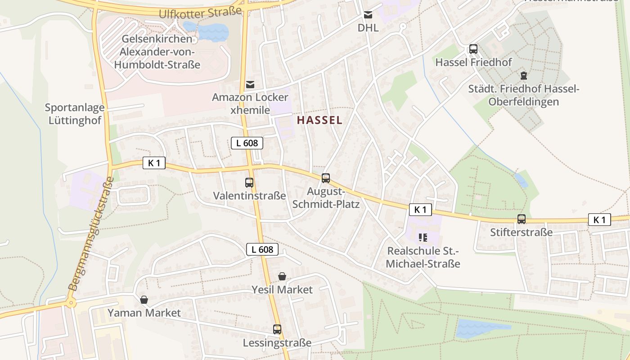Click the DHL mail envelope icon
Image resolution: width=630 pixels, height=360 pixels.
368,15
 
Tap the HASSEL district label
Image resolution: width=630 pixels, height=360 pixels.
319,120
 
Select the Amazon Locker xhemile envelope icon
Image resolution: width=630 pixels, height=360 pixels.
250,85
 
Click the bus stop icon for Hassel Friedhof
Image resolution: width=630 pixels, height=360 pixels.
473,49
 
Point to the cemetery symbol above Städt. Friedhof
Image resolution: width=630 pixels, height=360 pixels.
523,75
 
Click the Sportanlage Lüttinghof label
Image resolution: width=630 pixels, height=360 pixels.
75,114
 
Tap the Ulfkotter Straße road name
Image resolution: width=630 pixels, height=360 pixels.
200,12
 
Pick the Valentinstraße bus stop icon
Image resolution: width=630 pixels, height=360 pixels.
249,182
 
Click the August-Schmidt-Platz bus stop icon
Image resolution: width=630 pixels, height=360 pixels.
326,178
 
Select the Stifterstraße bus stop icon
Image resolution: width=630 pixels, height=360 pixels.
521,219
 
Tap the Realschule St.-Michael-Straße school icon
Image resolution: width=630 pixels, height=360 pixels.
422,237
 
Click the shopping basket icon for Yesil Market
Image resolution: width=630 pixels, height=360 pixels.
282,276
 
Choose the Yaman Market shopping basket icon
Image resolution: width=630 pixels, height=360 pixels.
144,300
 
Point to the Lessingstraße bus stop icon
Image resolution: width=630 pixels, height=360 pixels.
277,329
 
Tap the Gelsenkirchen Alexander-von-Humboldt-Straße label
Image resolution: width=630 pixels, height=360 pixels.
157,52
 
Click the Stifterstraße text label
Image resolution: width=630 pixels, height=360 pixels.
521,232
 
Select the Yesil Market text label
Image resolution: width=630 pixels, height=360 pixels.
282,289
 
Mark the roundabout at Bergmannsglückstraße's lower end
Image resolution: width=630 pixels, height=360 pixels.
71,302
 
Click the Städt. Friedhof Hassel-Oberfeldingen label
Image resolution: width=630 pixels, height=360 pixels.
524,95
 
